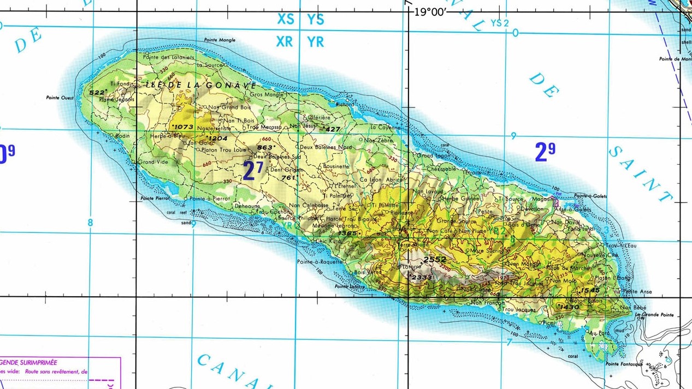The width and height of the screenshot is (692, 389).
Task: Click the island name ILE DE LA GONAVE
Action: click(x=201, y=86)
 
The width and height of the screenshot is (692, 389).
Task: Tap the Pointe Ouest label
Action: click(x=60, y=98)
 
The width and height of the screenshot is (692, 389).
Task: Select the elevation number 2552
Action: click(x=435, y=260)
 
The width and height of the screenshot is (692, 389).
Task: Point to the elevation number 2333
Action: click(x=422, y=277)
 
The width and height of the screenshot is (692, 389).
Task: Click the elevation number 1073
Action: click(x=183, y=127)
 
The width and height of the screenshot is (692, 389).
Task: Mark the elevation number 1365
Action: click(x=347, y=234)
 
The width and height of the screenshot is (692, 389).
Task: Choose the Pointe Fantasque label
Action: click(x=624, y=364)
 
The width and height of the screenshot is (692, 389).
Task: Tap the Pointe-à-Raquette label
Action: click(x=320, y=262)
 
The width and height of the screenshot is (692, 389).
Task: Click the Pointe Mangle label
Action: click(x=220, y=40)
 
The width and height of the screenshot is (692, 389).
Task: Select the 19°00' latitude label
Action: click(x=430, y=12)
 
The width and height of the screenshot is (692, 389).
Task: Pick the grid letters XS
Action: click(x=285, y=19)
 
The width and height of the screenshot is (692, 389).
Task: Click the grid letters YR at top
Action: click(x=315, y=42)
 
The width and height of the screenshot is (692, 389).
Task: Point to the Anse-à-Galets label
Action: click(x=572, y=210)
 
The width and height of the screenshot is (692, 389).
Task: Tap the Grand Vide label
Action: click(x=153, y=162)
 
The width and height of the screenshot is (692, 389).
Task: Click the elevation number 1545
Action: click(x=590, y=290)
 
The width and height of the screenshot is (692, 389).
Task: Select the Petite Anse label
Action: click(x=637, y=292)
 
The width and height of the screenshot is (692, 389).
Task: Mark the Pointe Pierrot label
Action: click(x=155, y=199)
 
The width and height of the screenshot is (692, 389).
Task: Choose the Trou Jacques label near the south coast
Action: click(x=519, y=310)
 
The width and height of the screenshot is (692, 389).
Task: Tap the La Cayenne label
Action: click(x=385, y=127)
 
